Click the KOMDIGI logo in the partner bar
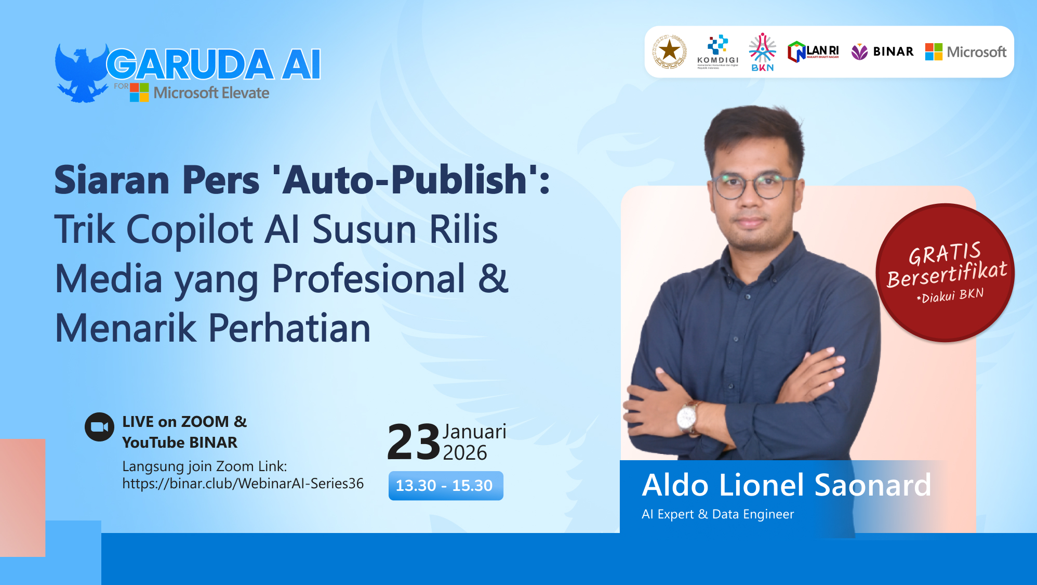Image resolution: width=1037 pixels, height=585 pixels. pyautogui.click(x=717, y=51)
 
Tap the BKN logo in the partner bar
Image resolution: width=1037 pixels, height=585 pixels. pyautogui.click(x=762, y=52)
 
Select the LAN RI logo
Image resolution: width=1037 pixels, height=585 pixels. pyautogui.click(x=813, y=52)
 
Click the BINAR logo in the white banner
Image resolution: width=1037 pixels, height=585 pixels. pyautogui.click(x=882, y=51)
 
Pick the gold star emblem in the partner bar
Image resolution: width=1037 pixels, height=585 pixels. pyautogui.click(x=669, y=51)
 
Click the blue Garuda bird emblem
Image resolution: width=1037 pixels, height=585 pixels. pyautogui.click(x=81, y=73)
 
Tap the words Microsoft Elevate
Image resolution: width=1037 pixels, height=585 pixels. pyautogui.click(x=211, y=93)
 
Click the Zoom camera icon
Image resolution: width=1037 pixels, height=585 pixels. pyautogui.click(x=99, y=427)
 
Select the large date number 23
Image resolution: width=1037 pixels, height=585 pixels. pyautogui.click(x=414, y=442)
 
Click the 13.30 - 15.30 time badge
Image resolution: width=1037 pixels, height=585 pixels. pyautogui.click(x=445, y=486)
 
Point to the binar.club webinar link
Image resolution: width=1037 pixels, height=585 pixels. pyautogui.click(x=243, y=484)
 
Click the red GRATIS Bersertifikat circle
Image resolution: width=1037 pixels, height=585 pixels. pyautogui.click(x=945, y=272)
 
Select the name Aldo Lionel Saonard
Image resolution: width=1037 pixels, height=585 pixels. pyautogui.click(x=786, y=485)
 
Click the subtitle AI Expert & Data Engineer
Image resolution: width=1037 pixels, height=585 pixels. pyautogui.click(x=717, y=514)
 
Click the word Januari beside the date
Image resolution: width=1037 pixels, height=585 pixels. pyautogui.click(x=474, y=432)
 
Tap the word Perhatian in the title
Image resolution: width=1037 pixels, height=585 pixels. pyautogui.click(x=290, y=329)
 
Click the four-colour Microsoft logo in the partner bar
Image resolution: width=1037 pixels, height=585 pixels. pyautogui.click(x=933, y=52)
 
